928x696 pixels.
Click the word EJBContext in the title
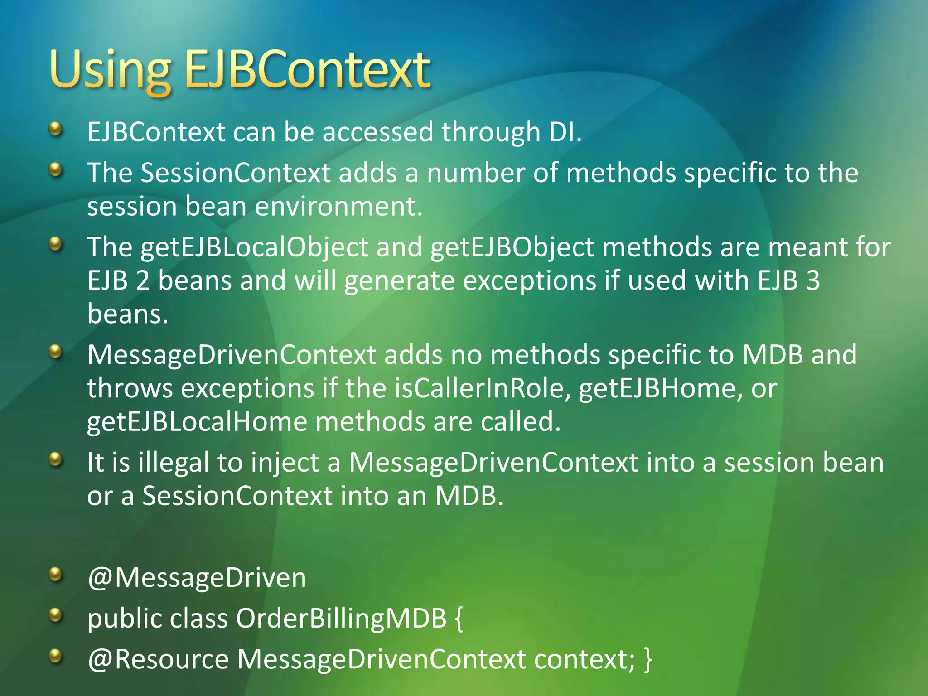[x=307, y=70]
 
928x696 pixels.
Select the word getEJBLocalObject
[x=254, y=248]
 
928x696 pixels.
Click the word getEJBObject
[x=512, y=248]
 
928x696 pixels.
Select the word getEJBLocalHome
[x=197, y=422]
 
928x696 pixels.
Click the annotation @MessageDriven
[x=197, y=578]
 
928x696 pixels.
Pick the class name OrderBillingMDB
[x=341, y=618]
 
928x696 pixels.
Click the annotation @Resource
[x=158, y=659]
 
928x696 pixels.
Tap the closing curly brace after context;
[x=648, y=659]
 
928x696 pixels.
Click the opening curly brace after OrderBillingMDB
[x=459, y=618]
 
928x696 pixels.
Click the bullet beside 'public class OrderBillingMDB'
[x=55, y=615]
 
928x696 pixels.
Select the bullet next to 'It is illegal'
[x=55, y=460]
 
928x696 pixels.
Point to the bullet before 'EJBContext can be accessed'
[x=55, y=130]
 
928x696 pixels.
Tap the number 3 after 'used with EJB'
[x=813, y=280]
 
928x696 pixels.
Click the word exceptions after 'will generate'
[x=529, y=280]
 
